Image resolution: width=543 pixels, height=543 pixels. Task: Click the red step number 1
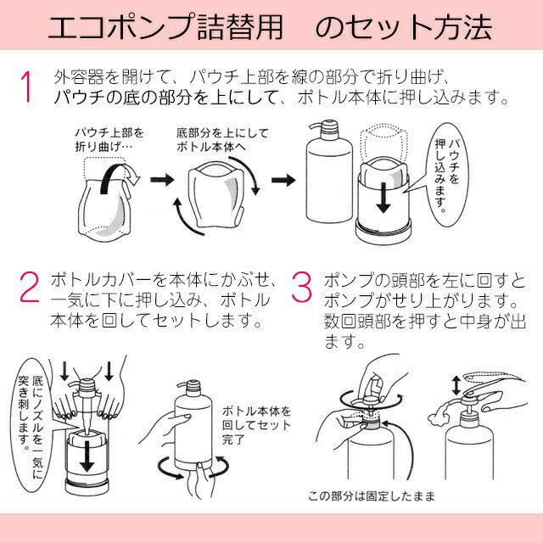tap(27, 87)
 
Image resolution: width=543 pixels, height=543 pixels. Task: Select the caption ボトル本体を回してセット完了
tap(255, 423)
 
